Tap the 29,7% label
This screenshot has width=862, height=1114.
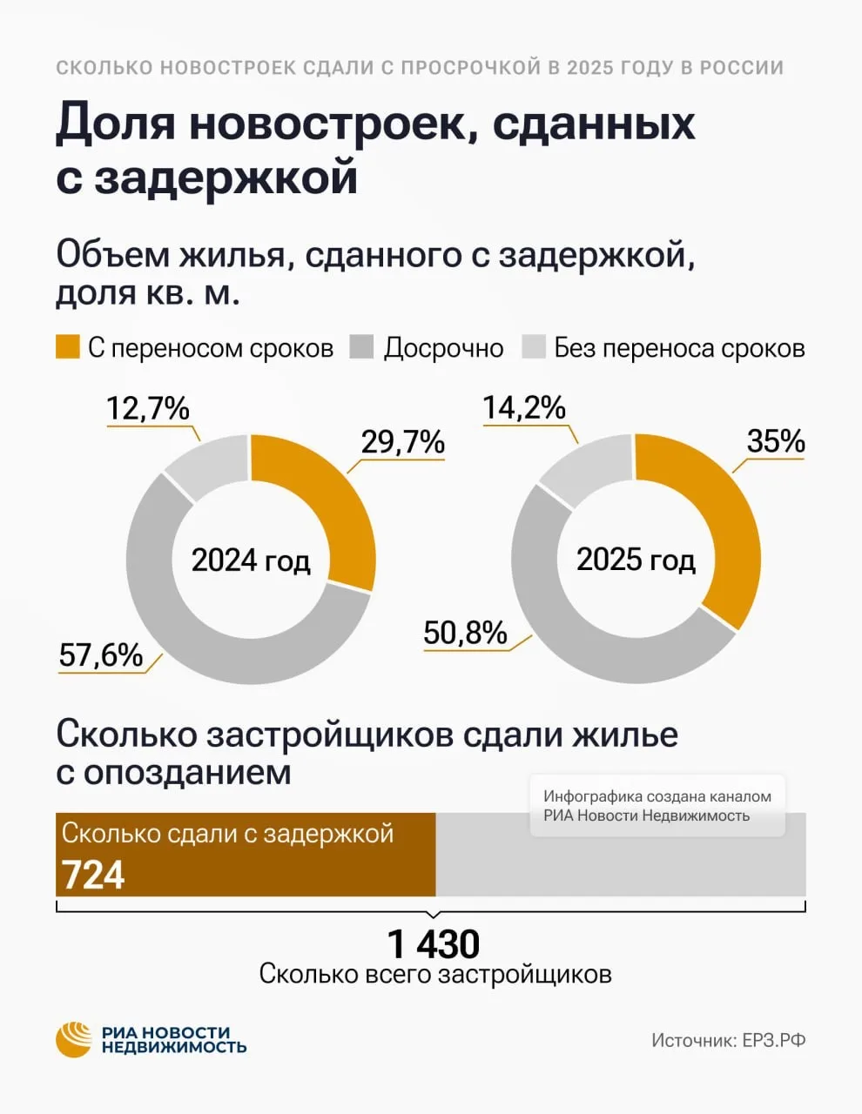click(403, 443)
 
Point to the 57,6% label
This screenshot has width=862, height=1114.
click(101, 654)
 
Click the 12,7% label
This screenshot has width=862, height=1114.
click(148, 409)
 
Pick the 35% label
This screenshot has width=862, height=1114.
click(776, 442)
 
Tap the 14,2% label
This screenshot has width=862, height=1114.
click(524, 408)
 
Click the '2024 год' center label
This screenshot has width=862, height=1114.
click(251, 560)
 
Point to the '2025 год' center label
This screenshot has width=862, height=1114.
click(636, 560)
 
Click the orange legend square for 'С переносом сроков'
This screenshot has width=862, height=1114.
click(68, 347)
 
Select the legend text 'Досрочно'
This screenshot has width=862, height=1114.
click(443, 348)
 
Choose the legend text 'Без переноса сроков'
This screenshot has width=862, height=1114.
click(679, 348)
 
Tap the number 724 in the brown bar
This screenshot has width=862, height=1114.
click(94, 875)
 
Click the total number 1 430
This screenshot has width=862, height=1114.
click(433, 944)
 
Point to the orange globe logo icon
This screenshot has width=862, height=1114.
click(74, 1039)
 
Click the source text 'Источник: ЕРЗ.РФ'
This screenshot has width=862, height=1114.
click(728, 1040)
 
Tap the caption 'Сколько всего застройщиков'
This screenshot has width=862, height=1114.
click(435, 974)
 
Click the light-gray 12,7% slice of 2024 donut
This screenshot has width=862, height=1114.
click(209, 466)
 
